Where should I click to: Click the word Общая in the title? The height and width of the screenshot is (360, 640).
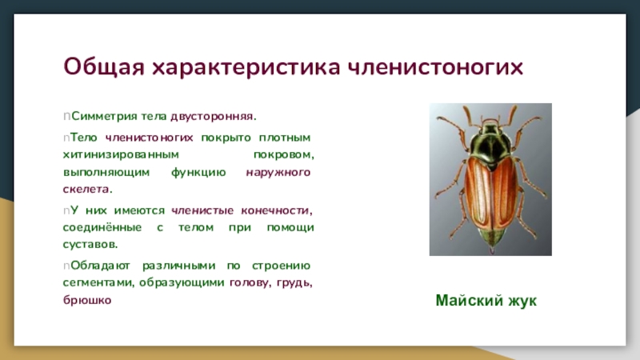pos(104,67)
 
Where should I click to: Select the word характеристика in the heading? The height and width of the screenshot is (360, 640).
pos(246,67)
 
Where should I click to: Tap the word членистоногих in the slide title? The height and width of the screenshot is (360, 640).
pos(435,67)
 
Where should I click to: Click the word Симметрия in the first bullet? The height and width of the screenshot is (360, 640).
pos(104,116)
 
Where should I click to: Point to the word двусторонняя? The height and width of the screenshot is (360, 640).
pos(214,117)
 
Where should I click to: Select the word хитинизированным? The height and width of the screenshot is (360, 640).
pos(121,155)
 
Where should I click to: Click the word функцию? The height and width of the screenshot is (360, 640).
pos(198,173)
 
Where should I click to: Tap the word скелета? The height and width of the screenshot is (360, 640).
pos(87,190)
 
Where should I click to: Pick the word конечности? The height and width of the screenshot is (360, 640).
pos(277,210)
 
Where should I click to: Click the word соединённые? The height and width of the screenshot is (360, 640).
pos(102,227)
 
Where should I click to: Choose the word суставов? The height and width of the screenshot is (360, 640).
pos(90,245)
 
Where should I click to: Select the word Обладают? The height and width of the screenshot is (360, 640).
pos(100,266)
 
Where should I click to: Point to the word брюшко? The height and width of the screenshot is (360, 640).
pos(87,300)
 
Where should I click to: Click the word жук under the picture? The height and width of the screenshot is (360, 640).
pos(522,301)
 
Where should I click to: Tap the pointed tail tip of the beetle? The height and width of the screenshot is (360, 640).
pos(492,249)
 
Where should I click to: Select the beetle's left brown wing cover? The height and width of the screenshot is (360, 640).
pos(478,192)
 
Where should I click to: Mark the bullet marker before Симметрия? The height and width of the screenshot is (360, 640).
pos(66,117)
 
